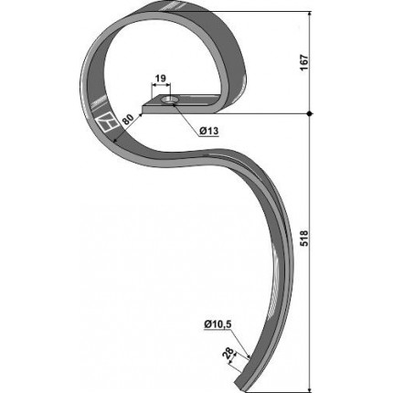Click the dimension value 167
point(304,63)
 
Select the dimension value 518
point(304,238)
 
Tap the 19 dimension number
point(161,79)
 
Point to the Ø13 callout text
point(209,132)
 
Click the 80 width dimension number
point(128,120)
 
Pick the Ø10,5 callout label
point(218,324)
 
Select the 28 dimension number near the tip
point(229,354)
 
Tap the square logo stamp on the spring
point(106,123)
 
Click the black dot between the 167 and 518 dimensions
point(310,113)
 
